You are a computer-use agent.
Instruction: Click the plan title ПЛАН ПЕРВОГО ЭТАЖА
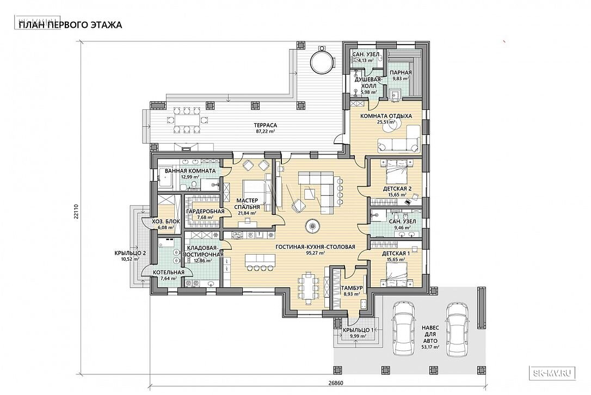[x=70, y=25]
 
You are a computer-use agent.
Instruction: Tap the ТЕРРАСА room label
[x=266, y=125]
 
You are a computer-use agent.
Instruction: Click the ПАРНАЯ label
[x=401, y=73]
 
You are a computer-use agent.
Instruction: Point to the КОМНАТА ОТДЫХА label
[x=386, y=116]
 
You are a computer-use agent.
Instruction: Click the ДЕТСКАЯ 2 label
[x=397, y=189]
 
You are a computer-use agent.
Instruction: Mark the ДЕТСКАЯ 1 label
[x=396, y=254]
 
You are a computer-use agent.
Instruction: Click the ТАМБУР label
[x=352, y=288]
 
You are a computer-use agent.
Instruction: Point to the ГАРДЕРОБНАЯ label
[x=205, y=212]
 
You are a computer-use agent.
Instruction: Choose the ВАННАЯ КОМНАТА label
[x=190, y=171]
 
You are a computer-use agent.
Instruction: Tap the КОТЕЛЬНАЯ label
[x=169, y=273]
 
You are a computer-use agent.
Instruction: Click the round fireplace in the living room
[x=313, y=226]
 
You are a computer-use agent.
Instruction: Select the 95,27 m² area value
[x=316, y=254]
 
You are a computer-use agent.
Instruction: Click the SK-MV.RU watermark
[x=553, y=374]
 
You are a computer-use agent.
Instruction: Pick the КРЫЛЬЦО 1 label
[x=358, y=330]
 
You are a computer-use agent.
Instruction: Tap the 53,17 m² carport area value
[x=429, y=348]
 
